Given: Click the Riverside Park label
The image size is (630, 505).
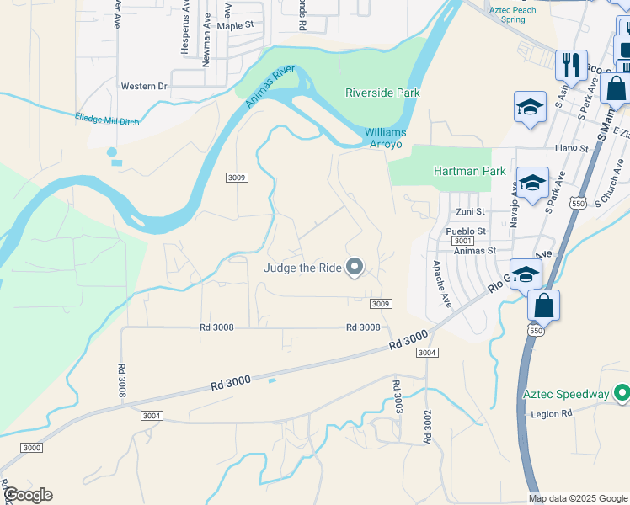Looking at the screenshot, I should tap(382, 93).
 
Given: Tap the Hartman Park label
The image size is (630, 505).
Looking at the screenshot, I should tap(469, 171).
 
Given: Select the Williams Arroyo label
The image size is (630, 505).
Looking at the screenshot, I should tap(385, 138).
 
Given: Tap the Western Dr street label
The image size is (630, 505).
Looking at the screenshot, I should tap(144, 86).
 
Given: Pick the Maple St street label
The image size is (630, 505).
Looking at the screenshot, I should tap(235, 26).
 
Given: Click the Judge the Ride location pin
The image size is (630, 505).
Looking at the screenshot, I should tap(355, 267).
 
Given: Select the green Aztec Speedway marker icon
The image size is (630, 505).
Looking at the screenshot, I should tap(622, 393).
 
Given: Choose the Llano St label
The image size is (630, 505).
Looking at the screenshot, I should tap(570, 148).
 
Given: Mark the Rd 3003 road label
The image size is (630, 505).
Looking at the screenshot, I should tap(397, 396).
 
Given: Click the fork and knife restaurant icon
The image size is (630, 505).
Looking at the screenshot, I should tap(571, 63).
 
